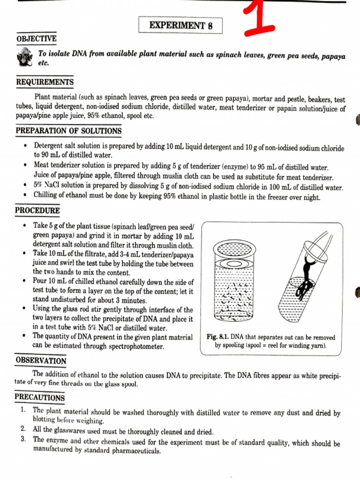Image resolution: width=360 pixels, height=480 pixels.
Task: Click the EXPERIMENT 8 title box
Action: coord(180,25)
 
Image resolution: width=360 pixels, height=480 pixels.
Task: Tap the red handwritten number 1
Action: coord(257,18)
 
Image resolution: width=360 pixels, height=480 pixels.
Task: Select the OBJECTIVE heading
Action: coord(36,38)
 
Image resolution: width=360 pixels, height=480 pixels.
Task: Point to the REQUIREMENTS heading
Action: coord(45,82)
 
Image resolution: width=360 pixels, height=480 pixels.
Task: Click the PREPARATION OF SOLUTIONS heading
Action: coord(68,131)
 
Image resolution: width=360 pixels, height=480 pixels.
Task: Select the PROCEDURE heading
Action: coord(38,210)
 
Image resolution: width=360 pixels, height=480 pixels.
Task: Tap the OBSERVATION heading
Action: coord(41,360)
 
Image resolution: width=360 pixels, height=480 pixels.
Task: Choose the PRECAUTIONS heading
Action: coord(40,397)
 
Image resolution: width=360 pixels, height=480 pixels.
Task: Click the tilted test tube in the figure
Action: coord(305,277)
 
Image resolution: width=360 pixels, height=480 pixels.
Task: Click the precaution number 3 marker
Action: coord(23,440)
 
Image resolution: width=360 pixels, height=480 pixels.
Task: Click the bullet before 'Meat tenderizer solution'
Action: coord(24,166)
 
